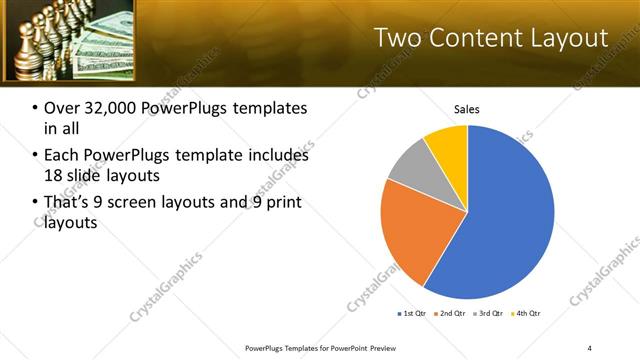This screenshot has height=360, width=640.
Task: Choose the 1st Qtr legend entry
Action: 412,314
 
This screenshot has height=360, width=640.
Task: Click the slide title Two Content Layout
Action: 490,38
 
